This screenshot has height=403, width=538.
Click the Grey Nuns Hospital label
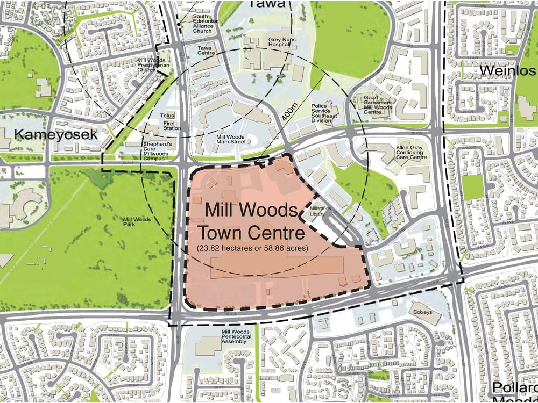click(x=280, y=43)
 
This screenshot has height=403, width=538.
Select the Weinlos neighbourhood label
click(x=508, y=71)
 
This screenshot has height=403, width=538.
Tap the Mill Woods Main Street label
click(x=231, y=140)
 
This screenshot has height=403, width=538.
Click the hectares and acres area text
click(x=252, y=248)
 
